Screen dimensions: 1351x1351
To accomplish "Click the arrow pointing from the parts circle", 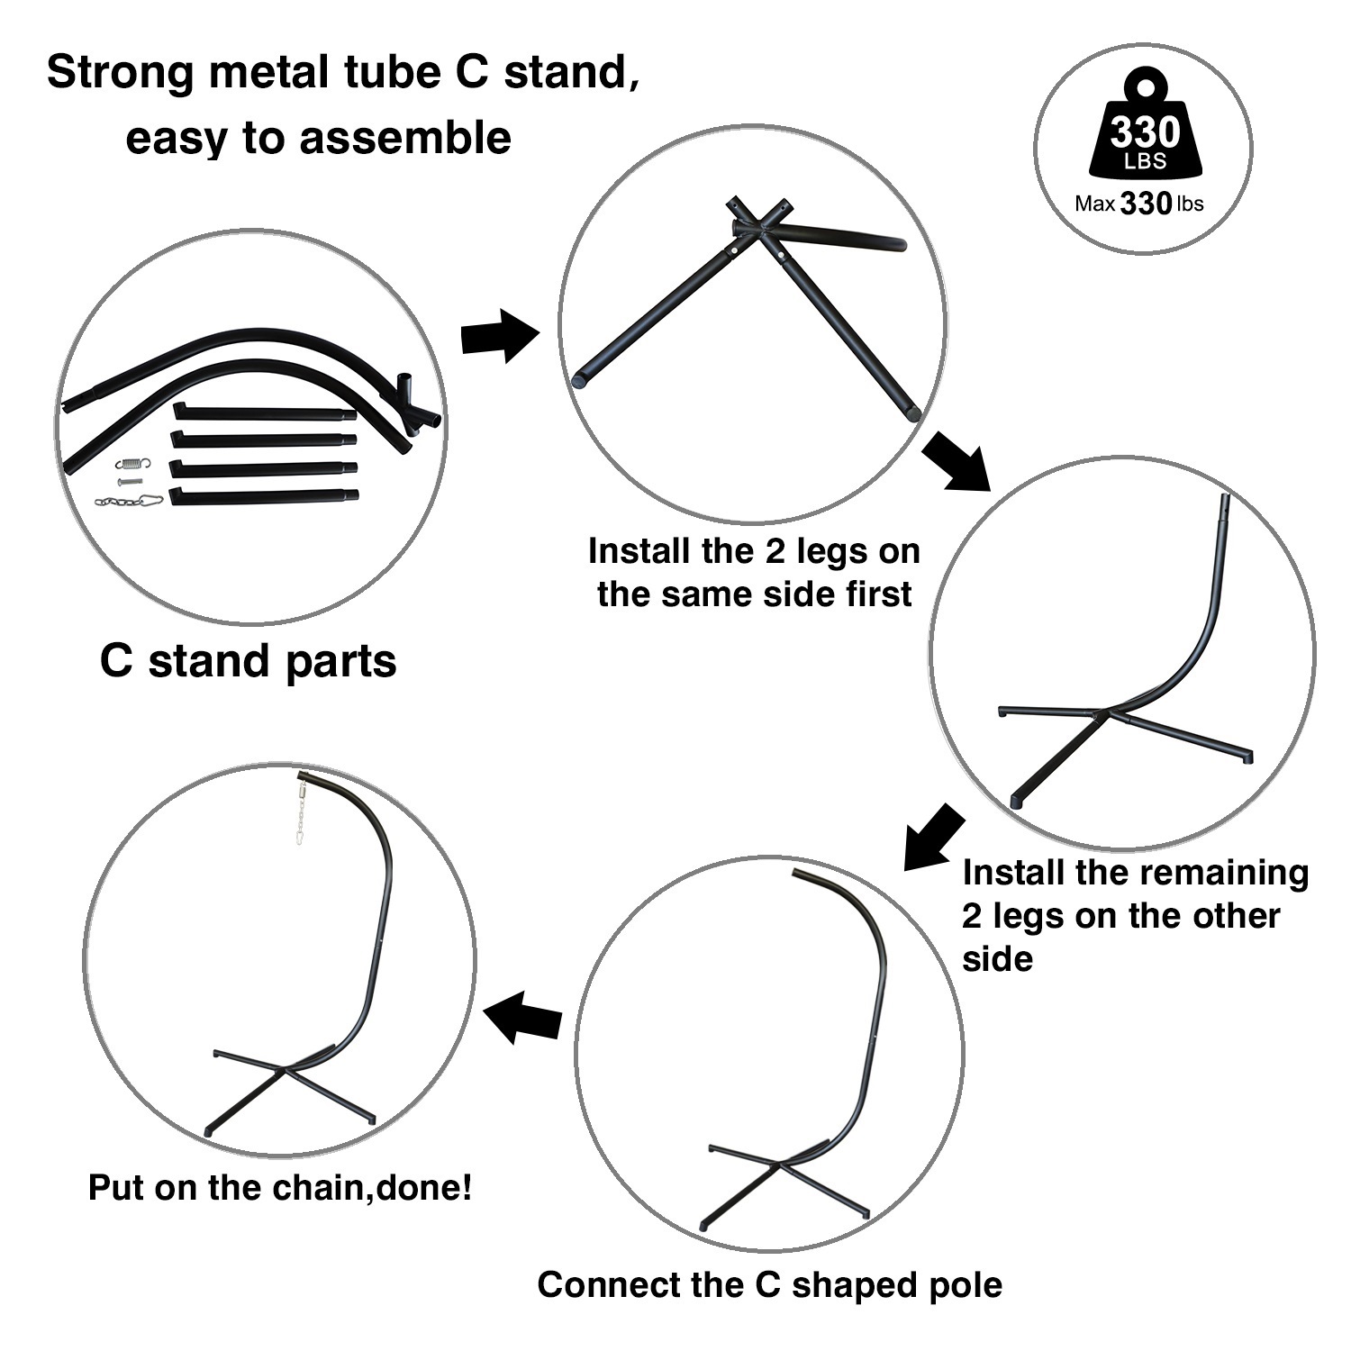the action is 500,337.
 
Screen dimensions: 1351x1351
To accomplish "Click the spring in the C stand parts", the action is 133,465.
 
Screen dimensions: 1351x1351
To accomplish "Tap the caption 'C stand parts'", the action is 248,661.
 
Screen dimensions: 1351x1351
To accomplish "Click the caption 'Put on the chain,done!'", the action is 280,1187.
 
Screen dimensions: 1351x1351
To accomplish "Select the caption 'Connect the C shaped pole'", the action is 769,1284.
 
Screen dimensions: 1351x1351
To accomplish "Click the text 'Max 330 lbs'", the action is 1138,204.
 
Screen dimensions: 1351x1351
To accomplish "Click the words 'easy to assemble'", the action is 318,140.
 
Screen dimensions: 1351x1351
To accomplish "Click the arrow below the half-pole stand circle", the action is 934,837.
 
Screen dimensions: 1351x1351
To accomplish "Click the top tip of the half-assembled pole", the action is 1223,497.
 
